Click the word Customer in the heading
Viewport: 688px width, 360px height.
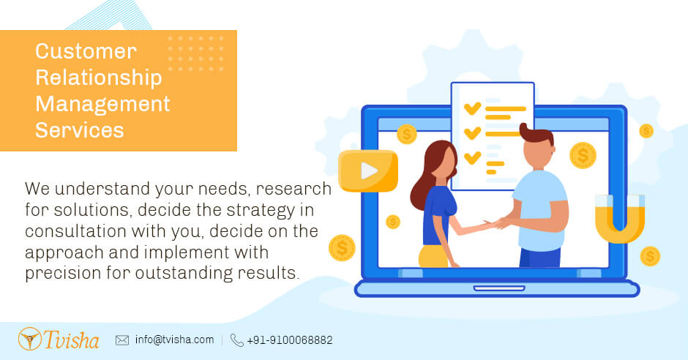click(86, 52)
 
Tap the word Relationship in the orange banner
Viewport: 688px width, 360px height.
click(98, 78)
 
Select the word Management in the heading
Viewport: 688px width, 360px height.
click(102, 104)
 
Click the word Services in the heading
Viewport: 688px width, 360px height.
click(79, 130)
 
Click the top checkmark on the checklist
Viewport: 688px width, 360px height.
click(473, 108)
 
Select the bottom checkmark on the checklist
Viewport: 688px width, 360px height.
click(473, 157)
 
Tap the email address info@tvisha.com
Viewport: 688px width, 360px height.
click(174, 340)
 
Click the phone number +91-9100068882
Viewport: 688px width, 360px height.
click(290, 340)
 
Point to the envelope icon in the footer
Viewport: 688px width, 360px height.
click(122, 340)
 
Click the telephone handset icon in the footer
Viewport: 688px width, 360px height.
click(236, 340)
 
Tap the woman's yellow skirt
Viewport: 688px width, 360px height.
click(433, 256)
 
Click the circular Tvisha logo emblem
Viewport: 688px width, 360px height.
click(30, 339)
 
